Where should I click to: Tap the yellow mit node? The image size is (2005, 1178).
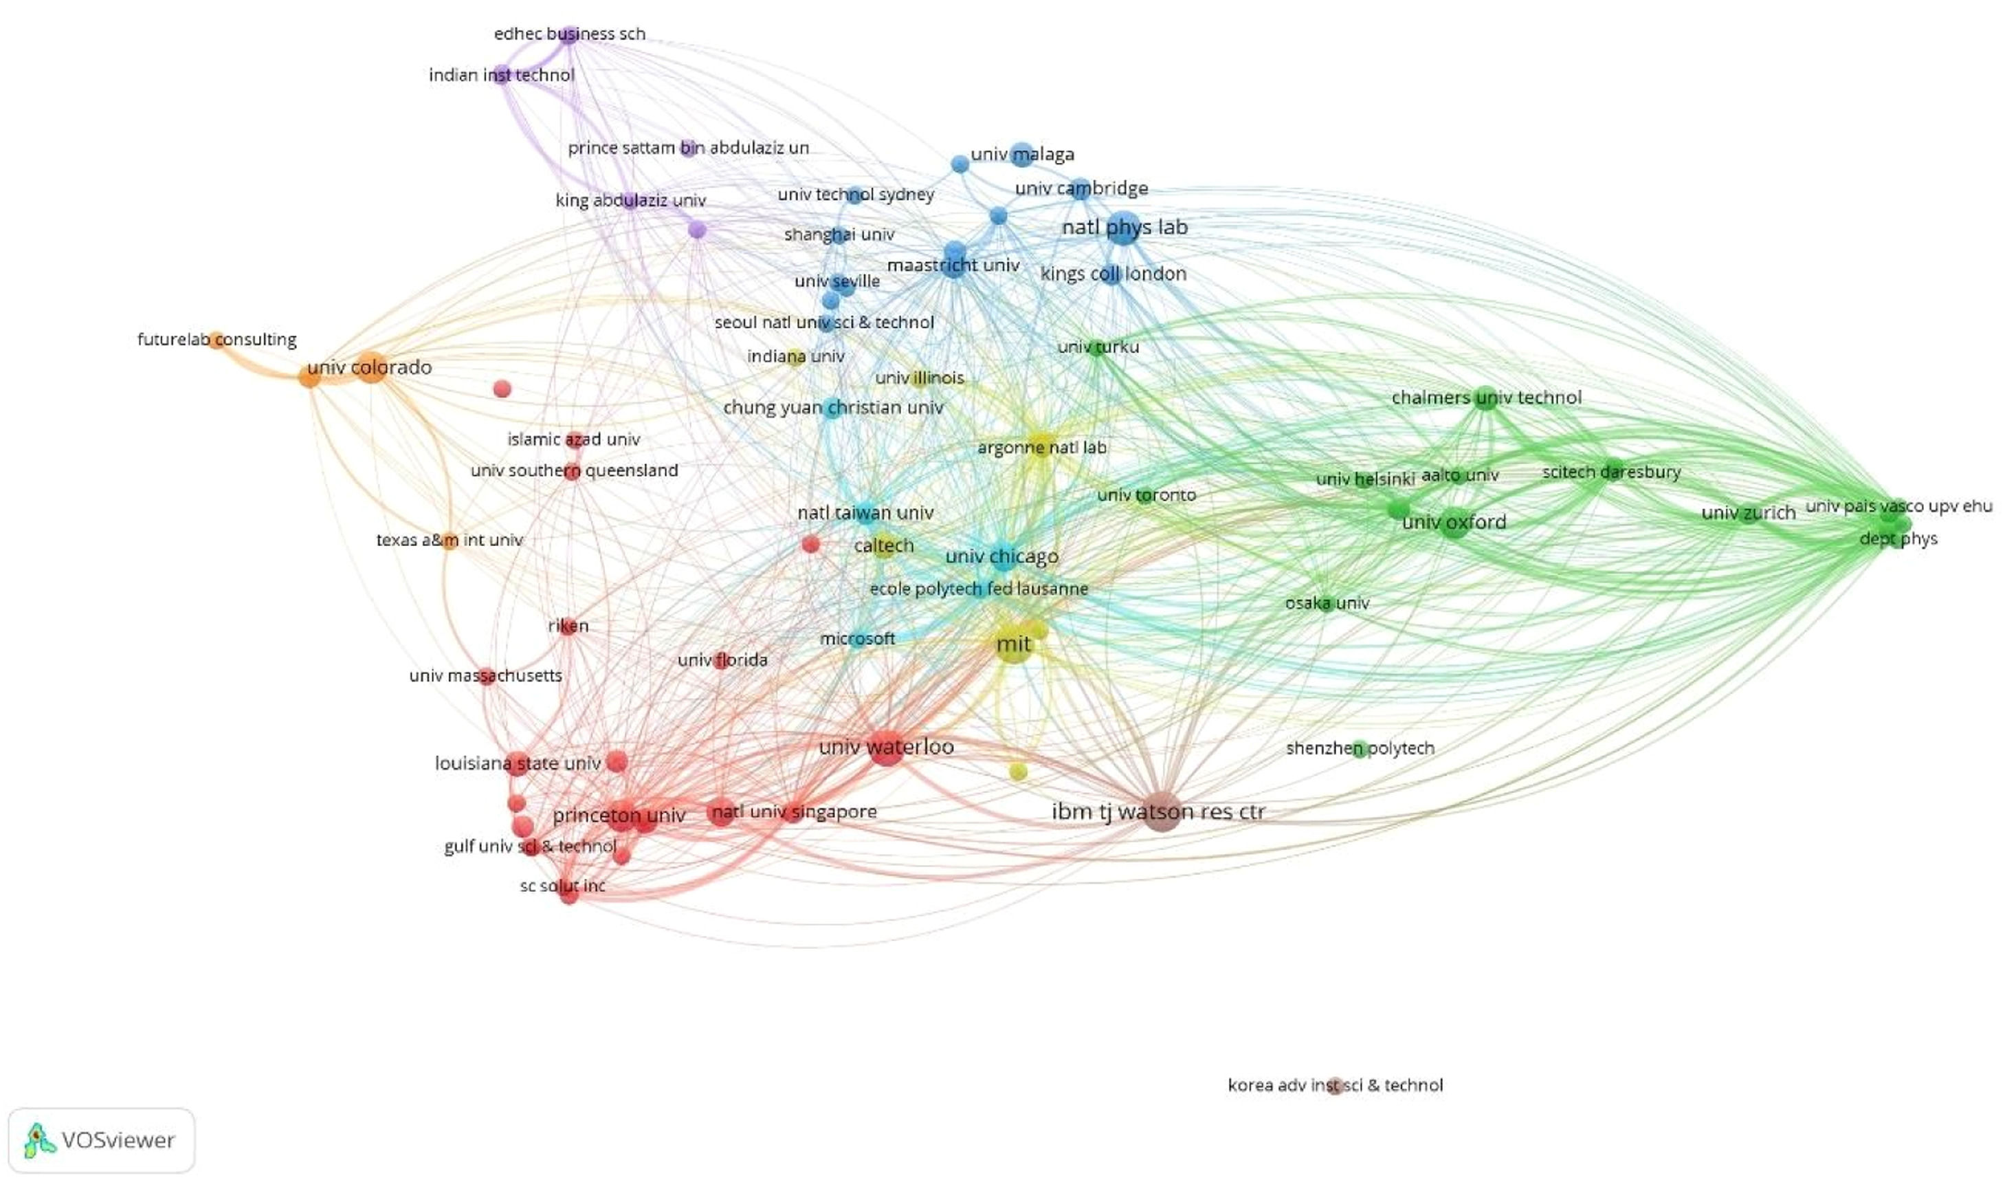pyautogui.click(x=1014, y=645)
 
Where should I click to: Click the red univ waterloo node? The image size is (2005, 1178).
pyautogui.click(x=886, y=748)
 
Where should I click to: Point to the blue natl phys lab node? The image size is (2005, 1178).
pyautogui.click(x=1123, y=228)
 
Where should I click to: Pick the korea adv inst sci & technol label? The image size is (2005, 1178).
pyautogui.click(x=1335, y=1085)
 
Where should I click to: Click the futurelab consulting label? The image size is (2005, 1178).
pyautogui.click(x=217, y=340)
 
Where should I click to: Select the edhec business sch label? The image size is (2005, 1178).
pyautogui.click(x=569, y=34)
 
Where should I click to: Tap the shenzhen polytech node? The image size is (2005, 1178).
pyautogui.click(x=1360, y=749)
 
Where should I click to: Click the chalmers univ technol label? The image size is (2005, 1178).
pyautogui.click(x=1486, y=397)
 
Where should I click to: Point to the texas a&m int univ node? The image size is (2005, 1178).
pyautogui.click(x=450, y=541)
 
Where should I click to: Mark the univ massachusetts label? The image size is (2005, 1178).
pyautogui.click(x=485, y=676)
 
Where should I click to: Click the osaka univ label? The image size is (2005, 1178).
pyautogui.click(x=1327, y=603)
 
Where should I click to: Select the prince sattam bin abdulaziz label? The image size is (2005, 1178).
pyautogui.click(x=687, y=148)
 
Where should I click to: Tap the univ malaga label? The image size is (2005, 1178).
pyautogui.click(x=1022, y=155)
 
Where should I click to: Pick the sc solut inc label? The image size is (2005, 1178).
pyautogui.click(x=562, y=886)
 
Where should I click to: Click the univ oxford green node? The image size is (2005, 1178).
pyautogui.click(x=1454, y=525)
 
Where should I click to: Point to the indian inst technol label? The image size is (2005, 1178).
pyautogui.click(x=501, y=76)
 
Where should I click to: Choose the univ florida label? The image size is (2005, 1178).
pyautogui.click(x=722, y=660)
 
